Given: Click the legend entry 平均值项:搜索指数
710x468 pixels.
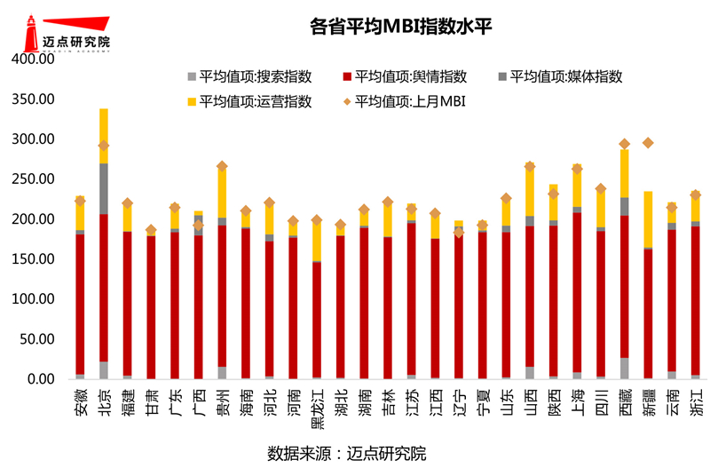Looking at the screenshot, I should coord(240,76).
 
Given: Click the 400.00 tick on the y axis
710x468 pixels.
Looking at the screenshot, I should coord(33,59).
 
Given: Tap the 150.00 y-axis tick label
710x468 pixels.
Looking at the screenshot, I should coord(33,259).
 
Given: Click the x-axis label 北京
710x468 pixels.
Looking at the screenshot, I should coord(103,395).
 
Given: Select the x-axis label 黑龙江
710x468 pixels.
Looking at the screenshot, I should coord(317,402).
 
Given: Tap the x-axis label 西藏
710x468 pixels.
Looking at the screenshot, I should coord(625,395).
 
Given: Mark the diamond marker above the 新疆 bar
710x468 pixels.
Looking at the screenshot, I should coord(648,143).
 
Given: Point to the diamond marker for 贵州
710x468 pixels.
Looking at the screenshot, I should coord(222,166).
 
